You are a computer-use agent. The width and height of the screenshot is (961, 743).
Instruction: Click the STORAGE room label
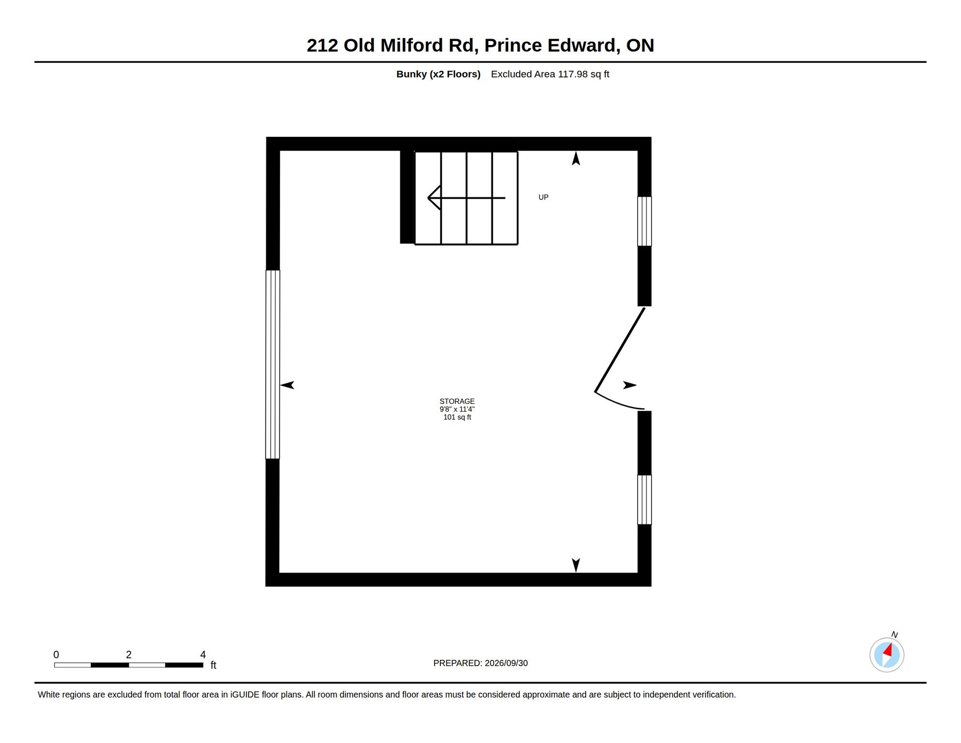click(457, 401)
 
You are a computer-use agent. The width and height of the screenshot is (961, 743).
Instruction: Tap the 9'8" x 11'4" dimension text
click(457, 409)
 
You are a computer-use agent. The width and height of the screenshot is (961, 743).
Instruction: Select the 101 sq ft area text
click(457, 417)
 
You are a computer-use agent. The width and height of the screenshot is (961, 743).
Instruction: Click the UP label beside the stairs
click(543, 197)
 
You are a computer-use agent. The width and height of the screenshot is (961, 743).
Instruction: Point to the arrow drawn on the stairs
click(466, 198)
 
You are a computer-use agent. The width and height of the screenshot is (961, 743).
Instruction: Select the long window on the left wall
click(273, 364)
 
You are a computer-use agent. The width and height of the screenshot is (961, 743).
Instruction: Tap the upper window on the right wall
click(644, 222)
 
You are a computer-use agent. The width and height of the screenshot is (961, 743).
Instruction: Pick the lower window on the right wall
click(644, 500)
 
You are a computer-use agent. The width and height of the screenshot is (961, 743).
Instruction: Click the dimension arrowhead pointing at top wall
click(576, 158)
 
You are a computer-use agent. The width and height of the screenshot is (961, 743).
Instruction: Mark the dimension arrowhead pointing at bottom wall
click(576, 565)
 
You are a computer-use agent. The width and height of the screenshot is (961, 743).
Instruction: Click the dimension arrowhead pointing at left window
click(287, 385)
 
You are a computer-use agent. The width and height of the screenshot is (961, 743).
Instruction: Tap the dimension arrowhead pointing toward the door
click(630, 385)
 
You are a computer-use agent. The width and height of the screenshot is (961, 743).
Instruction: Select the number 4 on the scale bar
click(203, 654)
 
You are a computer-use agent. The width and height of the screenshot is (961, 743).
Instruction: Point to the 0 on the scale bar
click(56, 654)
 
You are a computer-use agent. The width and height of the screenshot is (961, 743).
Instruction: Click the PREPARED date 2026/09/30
click(506, 663)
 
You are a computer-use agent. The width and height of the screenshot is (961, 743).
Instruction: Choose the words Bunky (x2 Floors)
click(438, 74)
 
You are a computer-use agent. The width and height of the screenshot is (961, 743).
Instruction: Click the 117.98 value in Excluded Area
click(573, 74)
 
